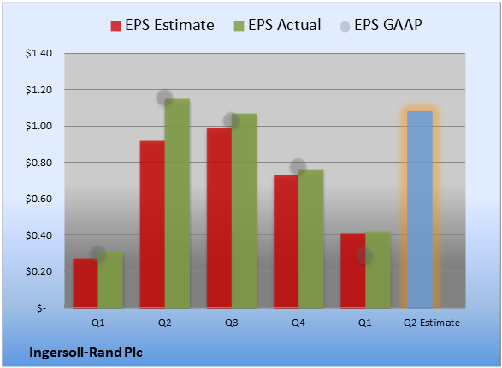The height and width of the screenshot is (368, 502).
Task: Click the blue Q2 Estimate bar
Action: click(x=420, y=210)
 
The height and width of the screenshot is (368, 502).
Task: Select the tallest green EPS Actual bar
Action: click(x=177, y=204)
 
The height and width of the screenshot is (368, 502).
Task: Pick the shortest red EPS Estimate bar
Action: click(x=86, y=283)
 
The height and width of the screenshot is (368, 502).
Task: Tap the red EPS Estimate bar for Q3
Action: click(x=219, y=218)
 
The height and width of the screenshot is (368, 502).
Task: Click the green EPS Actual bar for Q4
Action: click(x=311, y=239)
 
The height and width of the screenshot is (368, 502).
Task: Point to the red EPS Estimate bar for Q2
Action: click(x=152, y=224)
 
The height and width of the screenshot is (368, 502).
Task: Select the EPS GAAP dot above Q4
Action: click(x=298, y=167)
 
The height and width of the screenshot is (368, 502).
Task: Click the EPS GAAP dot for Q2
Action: click(x=164, y=98)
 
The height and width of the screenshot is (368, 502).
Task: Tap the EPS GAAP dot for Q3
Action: click(x=231, y=121)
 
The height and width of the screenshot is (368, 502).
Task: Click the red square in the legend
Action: click(x=116, y=26)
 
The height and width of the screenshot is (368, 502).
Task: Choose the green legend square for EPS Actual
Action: click(x=239, y=26)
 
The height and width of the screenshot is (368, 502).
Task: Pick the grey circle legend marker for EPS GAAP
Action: click(x=345, y=27)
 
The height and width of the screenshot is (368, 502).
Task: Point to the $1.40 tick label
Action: click(x=38, y=53)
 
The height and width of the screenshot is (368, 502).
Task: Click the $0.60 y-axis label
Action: click(x=38, y=199)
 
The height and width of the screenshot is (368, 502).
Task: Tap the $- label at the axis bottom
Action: click(x=41, y=308)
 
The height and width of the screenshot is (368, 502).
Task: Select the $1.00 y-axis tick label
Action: click(x=38, y=126)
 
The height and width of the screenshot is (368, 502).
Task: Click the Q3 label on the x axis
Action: click(x=232, y=323)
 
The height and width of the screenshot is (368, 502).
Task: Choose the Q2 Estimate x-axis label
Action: click(x=432, y=323)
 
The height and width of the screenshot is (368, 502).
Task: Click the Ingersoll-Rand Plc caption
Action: click(x=86, y=353)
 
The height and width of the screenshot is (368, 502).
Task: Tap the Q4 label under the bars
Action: click(x=298, y=323)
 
